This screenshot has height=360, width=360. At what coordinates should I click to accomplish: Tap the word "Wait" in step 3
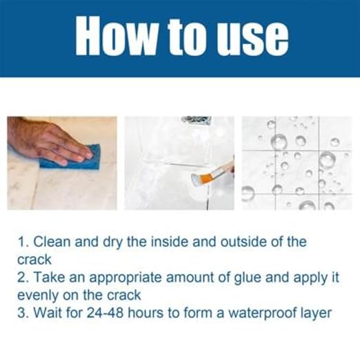45,313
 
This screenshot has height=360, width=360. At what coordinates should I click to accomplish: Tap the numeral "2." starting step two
22,278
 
